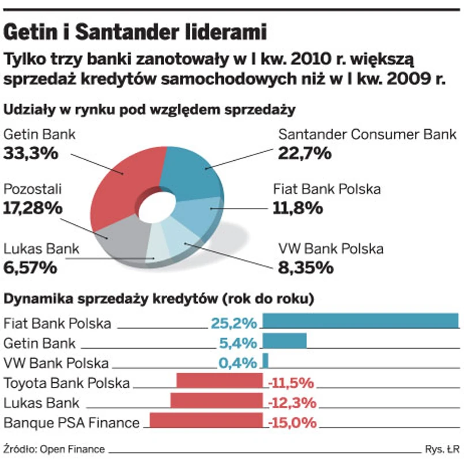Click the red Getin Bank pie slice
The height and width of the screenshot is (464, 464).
click(x=124, y=179)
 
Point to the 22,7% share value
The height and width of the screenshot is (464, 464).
click(x=305, y=153)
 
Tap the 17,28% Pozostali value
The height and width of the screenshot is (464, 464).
click(x=33, y=208)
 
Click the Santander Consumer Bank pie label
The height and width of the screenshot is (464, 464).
click(x=367, y=135)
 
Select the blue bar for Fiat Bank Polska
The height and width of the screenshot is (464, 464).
click(x=360, y=321)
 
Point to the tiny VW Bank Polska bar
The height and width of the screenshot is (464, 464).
click(x=266, y=361)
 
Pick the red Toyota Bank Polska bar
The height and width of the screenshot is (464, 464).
click(x=219, y=381)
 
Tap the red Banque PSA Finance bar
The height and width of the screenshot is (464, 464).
click(x=206, y=421)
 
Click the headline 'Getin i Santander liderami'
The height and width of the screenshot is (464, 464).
click(x=135, y=32)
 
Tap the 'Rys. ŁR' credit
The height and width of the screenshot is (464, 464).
click(x=442, y=449)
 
